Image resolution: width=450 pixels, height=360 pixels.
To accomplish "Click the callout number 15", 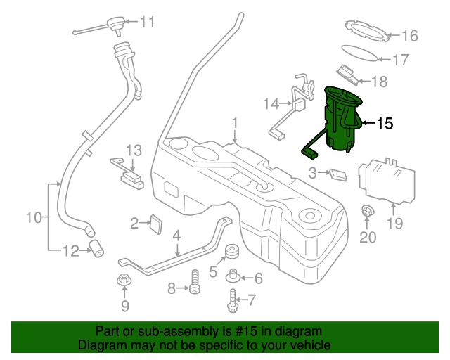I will tap(385, 124).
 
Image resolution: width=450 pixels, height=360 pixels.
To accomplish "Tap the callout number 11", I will tap(146, 22).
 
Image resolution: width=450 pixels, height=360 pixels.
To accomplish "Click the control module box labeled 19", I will tap(387, 180).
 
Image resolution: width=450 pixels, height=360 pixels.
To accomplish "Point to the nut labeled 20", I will tap(367, 210).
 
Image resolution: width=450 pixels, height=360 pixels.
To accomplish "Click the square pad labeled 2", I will tap(157, 223).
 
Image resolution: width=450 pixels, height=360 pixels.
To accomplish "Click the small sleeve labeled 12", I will tap(96, 247).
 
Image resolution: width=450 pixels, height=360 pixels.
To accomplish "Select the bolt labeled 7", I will tap(232, 302).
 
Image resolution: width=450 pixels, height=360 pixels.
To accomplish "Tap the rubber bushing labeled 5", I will tap(230, 253).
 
